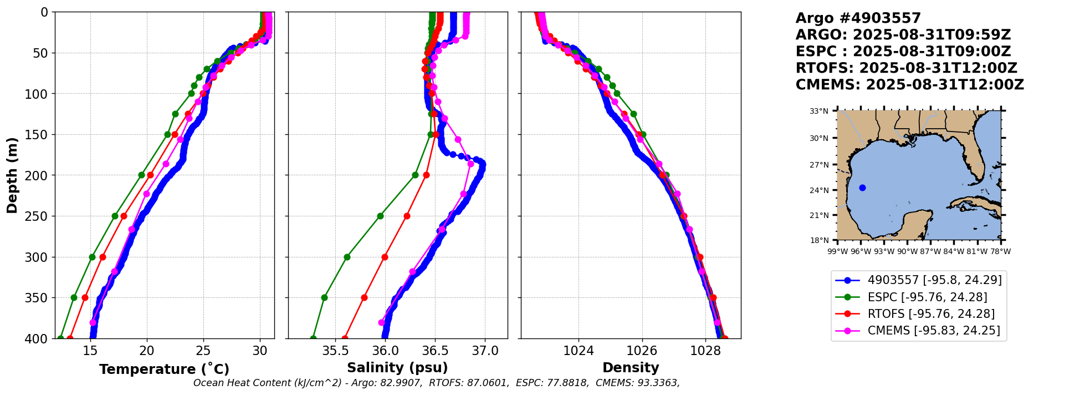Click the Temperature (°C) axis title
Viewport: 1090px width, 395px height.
[x=164, y=369]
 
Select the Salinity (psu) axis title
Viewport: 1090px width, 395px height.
[x=397, y=368]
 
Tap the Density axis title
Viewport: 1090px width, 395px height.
[x=631, y=368]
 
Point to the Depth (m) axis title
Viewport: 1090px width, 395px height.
[x=12, y=175]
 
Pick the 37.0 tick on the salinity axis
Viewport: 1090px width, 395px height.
[x=485, y=351]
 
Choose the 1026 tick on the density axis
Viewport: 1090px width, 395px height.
[x=642, y=351]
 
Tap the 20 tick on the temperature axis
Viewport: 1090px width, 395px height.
[x=146, y=351]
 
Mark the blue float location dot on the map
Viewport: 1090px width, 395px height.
[x=862, y=188]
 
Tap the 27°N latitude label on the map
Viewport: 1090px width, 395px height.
[x=819, y=165]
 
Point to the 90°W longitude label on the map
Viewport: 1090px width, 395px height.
[x=907, y=251]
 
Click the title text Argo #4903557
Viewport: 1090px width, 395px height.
[x=858, y=18]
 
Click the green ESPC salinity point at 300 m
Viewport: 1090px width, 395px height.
[x=347, y=257]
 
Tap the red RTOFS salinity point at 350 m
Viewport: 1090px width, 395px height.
[x=364, y=297]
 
